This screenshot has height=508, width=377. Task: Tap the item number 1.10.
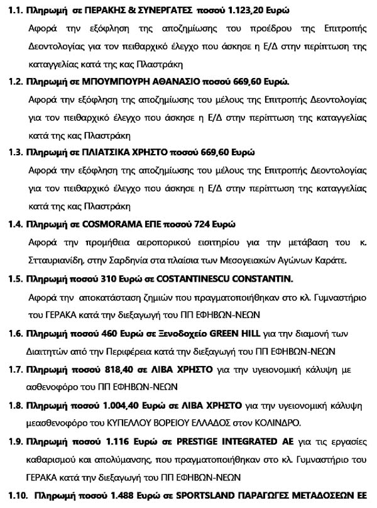click(18, 494)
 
